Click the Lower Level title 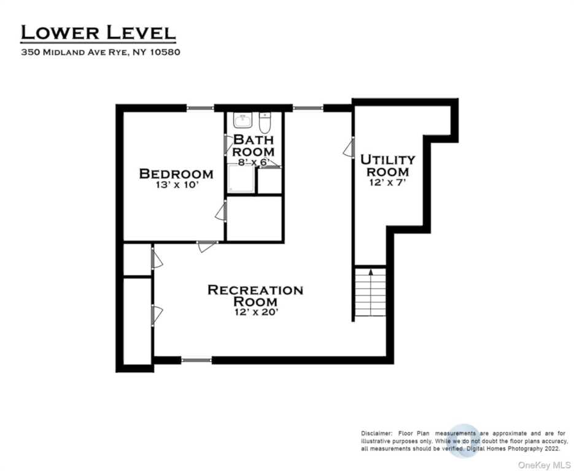click(x=98, y=33)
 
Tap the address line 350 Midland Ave click(x=101, y=52)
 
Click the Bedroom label click(x=176, y=174)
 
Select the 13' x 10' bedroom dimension click(x=177, y=185)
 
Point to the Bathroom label click(x=254, y=145)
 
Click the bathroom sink click(x=242, y=120)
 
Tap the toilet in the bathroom click(x=265, y=123)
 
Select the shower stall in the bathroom click(x=241, y=178)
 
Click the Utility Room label click(x=387, y=166)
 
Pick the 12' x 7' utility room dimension click(x=387, y=182)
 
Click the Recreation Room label click(x=255, y=296)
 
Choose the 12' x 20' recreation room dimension click(x=256, y=312)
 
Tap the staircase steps click(x=370, y=292)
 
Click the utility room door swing click(x=349, y=148)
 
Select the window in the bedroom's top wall click(x=200, y=108)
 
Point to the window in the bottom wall click(x=196, y=360)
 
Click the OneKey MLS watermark click(x=544, y=465)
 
